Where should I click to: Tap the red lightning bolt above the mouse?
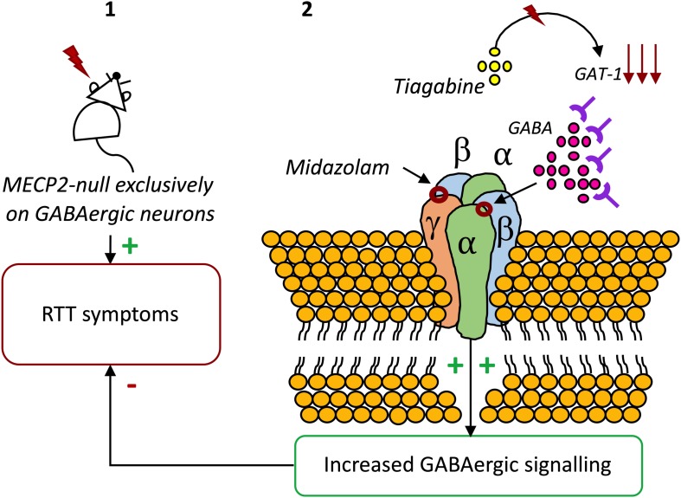pyautogui.click(x=77, y=61)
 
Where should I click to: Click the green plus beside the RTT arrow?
pyautogui.click(x=130, y=247)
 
